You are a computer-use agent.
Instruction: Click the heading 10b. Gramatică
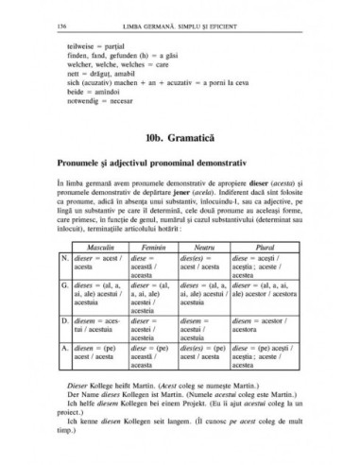click(180, 130)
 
